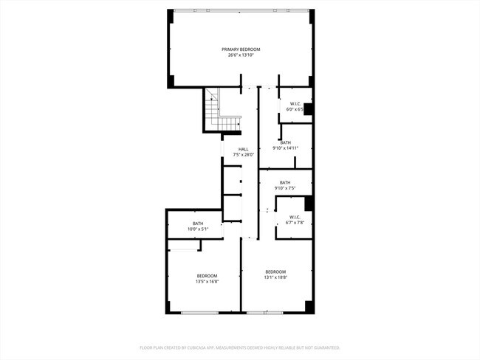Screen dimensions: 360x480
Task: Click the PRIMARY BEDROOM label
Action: [x=241, y=49]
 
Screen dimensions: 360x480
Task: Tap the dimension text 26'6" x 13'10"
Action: [x=241, y=55]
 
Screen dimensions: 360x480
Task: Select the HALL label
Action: [x=243, y=149]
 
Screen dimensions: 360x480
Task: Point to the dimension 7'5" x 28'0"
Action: [x=243, y=155]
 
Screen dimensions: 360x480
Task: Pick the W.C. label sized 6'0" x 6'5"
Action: [x=295, y=104]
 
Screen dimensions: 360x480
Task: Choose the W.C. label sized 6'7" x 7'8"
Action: [x=295, y=217]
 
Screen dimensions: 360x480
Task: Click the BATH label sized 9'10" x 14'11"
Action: [x=285, y=142]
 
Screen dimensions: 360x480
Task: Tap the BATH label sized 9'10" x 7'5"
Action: [x=285, y=182]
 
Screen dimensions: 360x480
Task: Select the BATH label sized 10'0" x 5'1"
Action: [x=198, y=224]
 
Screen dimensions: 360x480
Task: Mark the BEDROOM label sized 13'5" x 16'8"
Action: [x=207, y=275]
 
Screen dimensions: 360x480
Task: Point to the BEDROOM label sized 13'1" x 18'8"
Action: [x=275, y=271]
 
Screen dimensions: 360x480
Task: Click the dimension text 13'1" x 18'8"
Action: [x=275, y=277]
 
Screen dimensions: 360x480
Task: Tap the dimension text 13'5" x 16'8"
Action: [x=207, y=281]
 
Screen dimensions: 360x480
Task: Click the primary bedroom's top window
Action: [x=241, y=10]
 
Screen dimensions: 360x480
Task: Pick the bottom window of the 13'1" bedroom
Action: [x=265, y=314]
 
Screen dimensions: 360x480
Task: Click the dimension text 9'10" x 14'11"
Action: [x=285, y=148]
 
